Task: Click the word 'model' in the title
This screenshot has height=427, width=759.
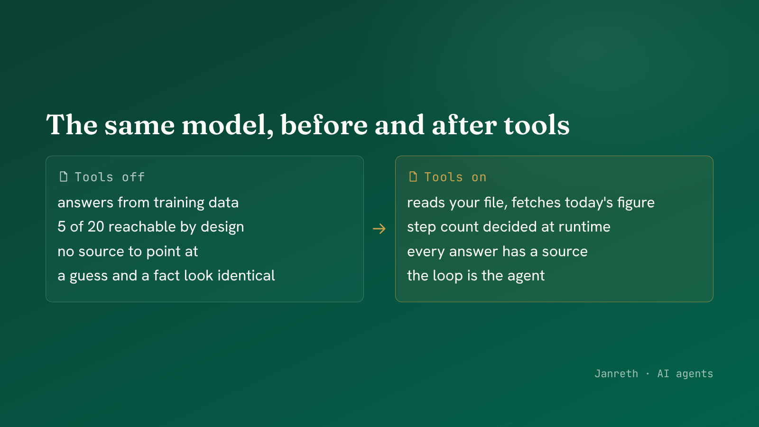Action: coord(228,125)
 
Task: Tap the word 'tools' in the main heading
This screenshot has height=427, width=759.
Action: coord(537,125)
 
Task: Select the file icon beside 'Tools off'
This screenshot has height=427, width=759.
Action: coord(64,176)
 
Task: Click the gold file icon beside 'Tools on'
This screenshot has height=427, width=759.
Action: coord(413,176)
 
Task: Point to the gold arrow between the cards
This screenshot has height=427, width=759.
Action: coord(379,229)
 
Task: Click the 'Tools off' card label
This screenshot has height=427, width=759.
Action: coord(110,177)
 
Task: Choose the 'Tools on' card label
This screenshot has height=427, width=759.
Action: coord(455,177)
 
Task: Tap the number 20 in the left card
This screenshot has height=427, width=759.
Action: coord(96,227)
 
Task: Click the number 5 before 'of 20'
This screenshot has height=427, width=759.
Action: coord(61,227)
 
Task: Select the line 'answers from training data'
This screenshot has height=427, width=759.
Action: coord(148,203)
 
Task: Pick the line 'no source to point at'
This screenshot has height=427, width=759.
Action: coord(128,251)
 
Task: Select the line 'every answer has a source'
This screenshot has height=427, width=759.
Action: coord(498,251)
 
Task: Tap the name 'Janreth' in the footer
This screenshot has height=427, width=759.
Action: coord(616,373)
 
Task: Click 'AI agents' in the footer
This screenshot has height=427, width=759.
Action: coord(685,374)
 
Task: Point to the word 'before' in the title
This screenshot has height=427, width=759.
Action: coord(324,125)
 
